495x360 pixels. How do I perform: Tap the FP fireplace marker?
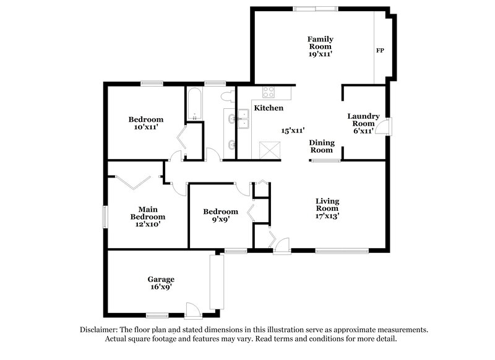click(x=380, y=50)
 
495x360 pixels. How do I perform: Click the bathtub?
click(x=194, y=105)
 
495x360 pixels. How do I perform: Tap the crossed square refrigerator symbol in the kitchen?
click(x=269, y=150)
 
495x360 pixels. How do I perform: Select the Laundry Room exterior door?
click(x=385, y=126)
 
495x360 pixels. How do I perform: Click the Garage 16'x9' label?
click(x=160, y=283)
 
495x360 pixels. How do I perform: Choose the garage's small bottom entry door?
click(x=192, y=309)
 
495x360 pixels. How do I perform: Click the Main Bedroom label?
click(x=147, y=213)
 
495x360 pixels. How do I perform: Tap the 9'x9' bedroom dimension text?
click(x=220, y=219)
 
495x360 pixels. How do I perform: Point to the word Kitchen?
click(x=269, y=108)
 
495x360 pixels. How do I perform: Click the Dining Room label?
click(x=322, y=146)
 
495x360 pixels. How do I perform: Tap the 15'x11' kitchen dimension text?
click(x=293, y=131)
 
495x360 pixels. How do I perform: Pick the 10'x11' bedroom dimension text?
click(x=146, y=127)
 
